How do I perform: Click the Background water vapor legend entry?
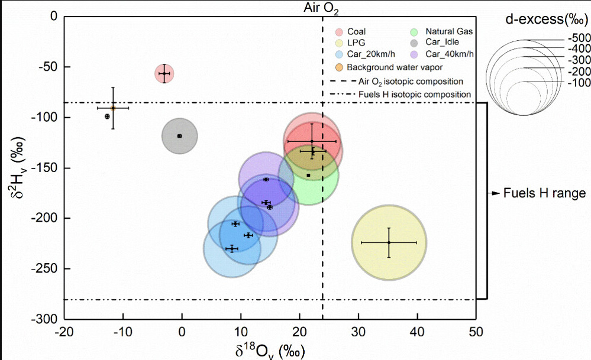pos(390,67)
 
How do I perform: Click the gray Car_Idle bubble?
pos(179,136)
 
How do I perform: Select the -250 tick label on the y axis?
pos(45,269)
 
